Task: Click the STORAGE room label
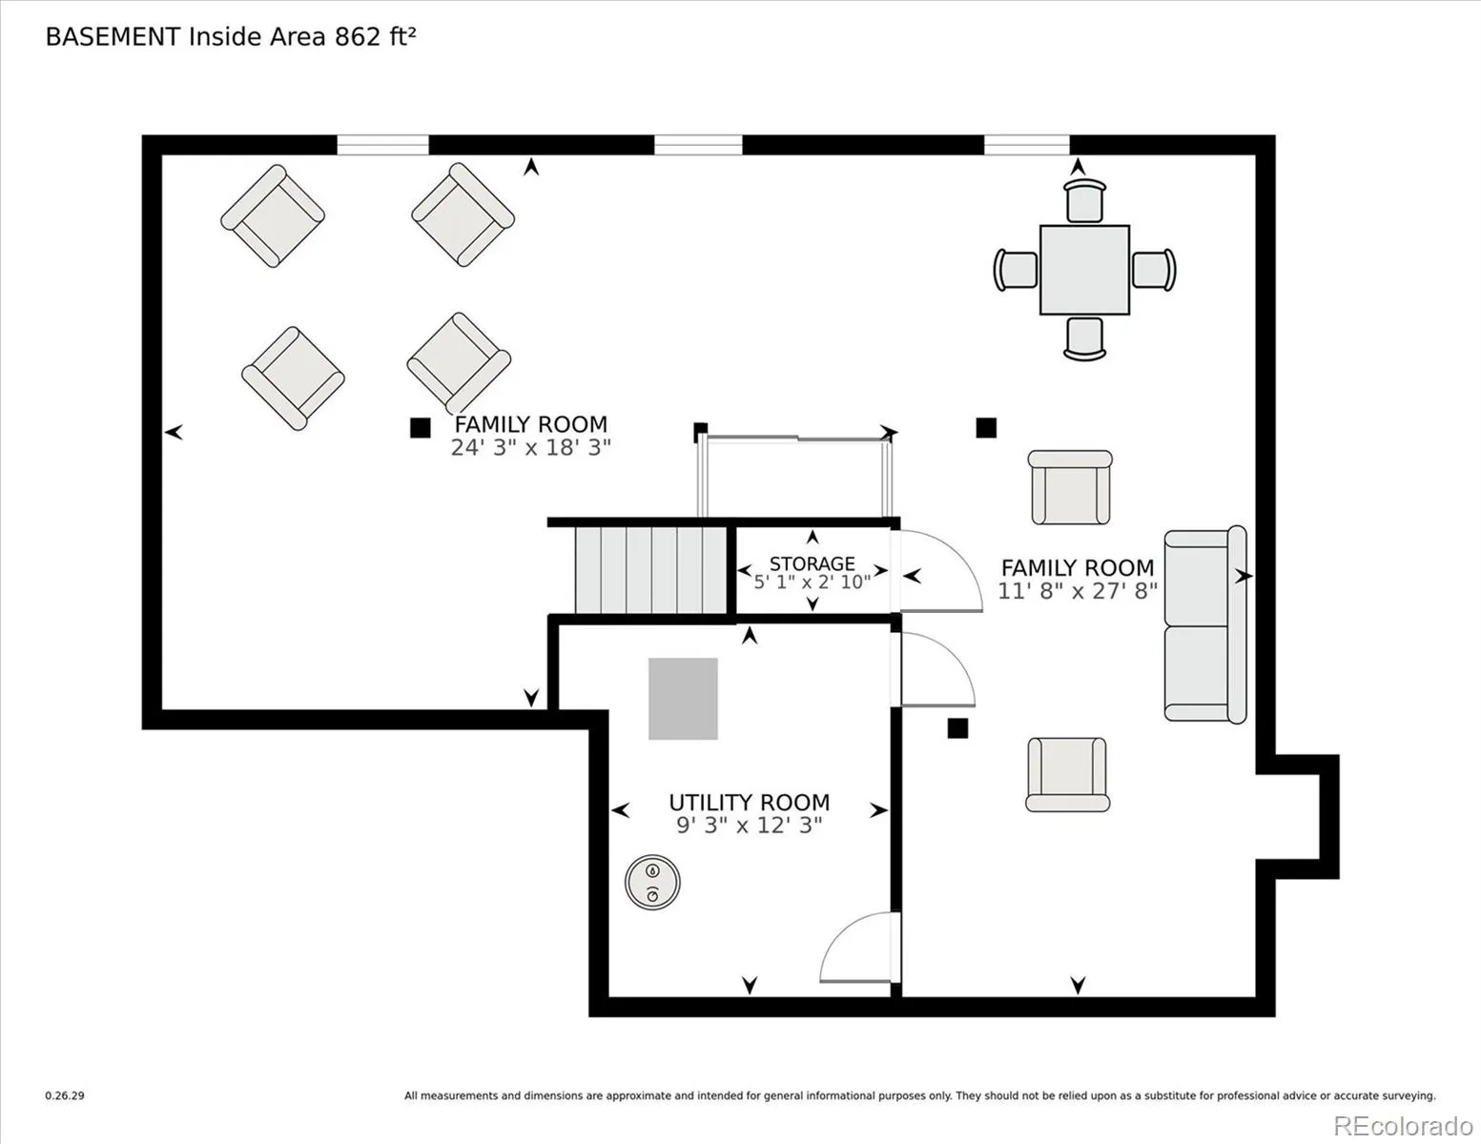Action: [812, 563]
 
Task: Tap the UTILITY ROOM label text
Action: [749, 802]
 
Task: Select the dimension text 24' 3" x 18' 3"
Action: [531, 448]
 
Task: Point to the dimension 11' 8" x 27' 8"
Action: [1078, 591]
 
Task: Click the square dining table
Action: [1084, 270]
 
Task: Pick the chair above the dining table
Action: [1084, 200]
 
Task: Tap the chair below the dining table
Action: [1084, 338]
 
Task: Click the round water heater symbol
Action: [652, 882]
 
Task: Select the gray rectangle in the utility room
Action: [683, 699]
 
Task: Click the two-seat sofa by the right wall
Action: [1205, 624]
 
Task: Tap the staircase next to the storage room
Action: [650, 569]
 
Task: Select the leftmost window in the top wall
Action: [383, 145]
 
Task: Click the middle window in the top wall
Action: [698, 145]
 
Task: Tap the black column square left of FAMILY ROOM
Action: [421, 428]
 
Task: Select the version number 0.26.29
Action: [65, 1095]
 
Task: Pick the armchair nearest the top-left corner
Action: [273, 216]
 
